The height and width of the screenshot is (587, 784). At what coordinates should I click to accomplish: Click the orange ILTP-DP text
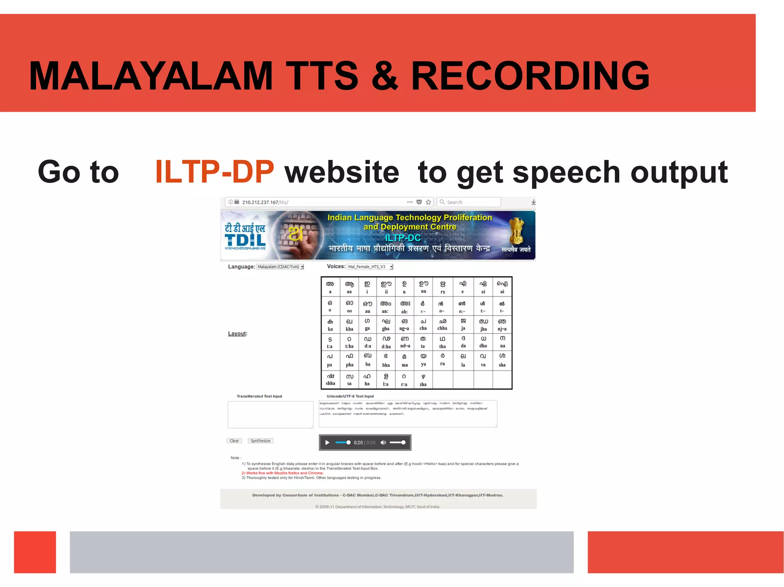[214, 172]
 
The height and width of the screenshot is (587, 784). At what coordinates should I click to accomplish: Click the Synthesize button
[260, 441]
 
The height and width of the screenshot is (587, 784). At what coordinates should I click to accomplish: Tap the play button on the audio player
[327, 442]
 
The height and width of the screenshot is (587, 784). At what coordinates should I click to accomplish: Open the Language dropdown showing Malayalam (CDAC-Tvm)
[280, 267]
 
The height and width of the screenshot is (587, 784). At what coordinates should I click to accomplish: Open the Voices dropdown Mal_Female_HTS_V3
[370, 267]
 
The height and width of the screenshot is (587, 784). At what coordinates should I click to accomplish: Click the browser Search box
[469, 202]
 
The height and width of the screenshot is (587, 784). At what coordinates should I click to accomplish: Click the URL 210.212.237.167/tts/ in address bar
[265, 202]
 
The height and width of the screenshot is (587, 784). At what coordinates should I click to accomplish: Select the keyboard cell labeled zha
[423, 380]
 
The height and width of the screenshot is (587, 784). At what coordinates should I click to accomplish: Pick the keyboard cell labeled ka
[330, 325]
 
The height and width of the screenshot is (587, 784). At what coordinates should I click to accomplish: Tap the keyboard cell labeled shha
[330, 379]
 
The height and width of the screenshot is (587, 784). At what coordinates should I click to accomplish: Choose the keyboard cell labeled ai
[502, 287]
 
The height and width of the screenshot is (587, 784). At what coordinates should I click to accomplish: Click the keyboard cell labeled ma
[405, 360]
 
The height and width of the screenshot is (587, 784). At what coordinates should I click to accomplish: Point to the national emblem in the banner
[516, 231]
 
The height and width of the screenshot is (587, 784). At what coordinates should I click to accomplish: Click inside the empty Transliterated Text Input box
[270, 415]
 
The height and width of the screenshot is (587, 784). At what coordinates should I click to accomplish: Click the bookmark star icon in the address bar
[428, 202]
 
